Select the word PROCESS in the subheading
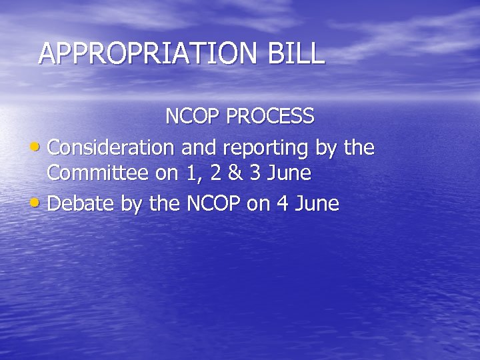pyautogui.click(x=270, y=117)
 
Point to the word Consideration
pyautogui.click(x=112, y=147)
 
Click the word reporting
pyautogui.click(x=266, y=147)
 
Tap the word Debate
pyautogui.click(x=81, y=203)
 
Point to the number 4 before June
pyautogui.click(x=281, y=203)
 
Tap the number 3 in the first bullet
pyautogui.click(x=255, y=173)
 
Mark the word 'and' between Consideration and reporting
pyautogui.click(x=197, y=147)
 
